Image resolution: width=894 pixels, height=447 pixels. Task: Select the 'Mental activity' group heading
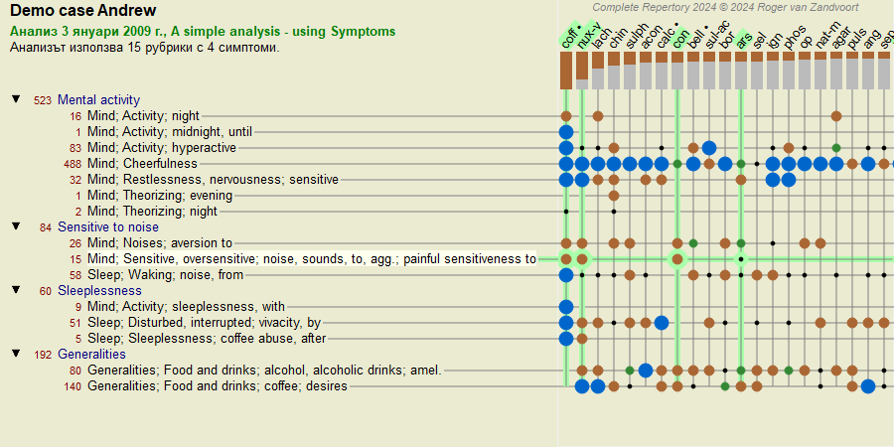point(98,99)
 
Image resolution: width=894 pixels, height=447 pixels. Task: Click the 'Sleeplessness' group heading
point(99,290)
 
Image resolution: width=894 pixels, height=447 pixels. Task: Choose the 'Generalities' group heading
point(91,354)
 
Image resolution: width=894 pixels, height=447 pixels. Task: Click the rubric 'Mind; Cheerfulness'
point(142,163)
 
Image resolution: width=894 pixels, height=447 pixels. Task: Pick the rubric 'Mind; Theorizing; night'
point(152,211)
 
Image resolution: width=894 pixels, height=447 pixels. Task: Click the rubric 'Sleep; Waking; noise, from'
point(165,274)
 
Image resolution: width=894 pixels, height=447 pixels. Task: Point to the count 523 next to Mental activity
point(42,99)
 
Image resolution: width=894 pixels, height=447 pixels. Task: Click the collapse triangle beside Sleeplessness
point(16,290)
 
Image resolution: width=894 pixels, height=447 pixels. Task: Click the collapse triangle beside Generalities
point(16,354)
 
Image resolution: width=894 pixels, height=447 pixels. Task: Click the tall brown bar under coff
point(566,71)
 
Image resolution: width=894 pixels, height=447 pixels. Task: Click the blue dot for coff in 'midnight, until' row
point(566,131)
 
